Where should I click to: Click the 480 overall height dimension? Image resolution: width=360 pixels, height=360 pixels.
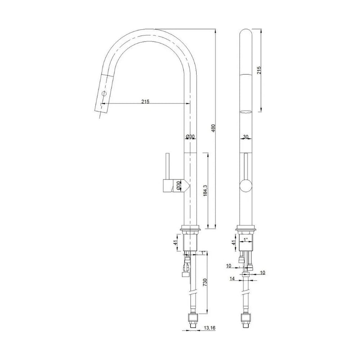pyautogui.click(x=213, y=129)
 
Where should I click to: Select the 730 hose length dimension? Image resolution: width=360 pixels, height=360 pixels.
pyautogui.click(x=205, y=282)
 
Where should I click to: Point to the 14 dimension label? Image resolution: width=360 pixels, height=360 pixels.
pyautogui.click(x=232, y=279)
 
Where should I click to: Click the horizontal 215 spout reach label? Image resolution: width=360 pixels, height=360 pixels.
pyautogui.click(x=145, y=101)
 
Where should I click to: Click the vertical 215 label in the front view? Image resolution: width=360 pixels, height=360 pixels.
pyautogui.click(x=259, y=70)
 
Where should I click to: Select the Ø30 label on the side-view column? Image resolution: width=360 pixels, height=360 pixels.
pyautogui.click(x=190, y=136)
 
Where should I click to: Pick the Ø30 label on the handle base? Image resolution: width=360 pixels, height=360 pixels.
pyautogui.click(x=178, y=185)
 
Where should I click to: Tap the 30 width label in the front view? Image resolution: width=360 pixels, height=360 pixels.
pyautogui.click(x=246, y=136)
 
